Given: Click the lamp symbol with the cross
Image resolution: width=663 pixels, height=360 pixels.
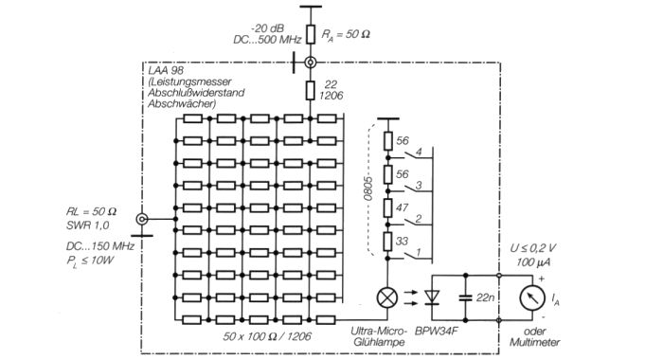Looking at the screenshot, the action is (386, 297).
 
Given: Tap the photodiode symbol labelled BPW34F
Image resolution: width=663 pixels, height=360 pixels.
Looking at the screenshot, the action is (432, 297).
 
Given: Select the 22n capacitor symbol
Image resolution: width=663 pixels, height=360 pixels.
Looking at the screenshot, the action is (466, 297).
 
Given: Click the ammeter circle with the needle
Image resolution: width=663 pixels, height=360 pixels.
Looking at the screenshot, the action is (532, 297).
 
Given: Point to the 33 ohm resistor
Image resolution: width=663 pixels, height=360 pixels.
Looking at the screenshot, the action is (387, 242).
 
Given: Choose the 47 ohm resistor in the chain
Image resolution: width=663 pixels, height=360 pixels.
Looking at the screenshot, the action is (387, 207).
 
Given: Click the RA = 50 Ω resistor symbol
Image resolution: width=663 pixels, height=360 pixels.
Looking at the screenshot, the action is (311, 34).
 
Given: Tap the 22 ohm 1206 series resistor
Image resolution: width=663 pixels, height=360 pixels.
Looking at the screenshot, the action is (311, 91).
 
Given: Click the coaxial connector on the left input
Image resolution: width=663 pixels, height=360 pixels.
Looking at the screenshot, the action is (142, 219).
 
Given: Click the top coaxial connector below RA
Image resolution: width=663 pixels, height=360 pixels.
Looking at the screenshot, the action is (311, 63).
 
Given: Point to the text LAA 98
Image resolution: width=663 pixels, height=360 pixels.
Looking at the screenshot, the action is (166, 70).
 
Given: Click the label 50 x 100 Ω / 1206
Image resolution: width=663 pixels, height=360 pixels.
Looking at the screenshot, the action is (267, 336).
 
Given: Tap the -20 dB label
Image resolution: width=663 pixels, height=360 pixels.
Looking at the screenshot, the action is (267, 28).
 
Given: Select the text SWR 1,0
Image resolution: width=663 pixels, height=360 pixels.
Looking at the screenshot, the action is (87, 225).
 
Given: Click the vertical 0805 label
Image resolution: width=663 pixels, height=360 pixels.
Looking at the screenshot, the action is (367, 189).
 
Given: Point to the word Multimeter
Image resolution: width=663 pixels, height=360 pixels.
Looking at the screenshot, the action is (534, 342).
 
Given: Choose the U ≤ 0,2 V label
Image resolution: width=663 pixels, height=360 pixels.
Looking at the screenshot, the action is (532, 248).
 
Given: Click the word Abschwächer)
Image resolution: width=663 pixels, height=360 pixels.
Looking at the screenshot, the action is (182, 104).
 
